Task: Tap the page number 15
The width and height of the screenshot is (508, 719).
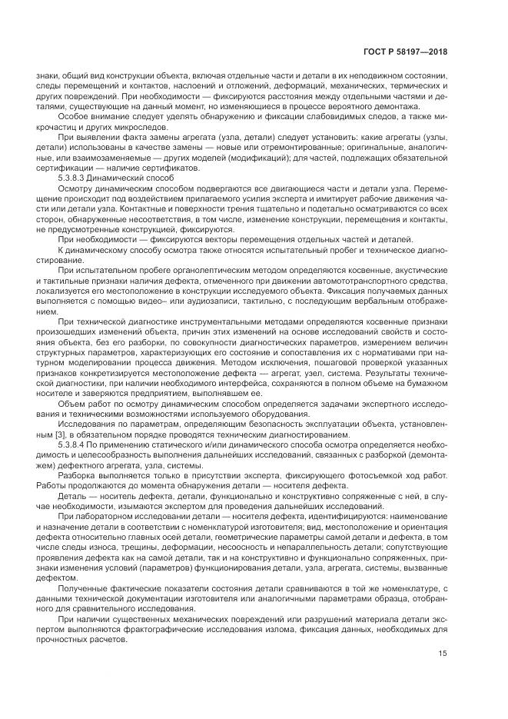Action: [442, 654]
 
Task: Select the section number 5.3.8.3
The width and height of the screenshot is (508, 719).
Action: [74, 178]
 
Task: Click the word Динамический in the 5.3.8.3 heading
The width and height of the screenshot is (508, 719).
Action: [124, 178]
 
